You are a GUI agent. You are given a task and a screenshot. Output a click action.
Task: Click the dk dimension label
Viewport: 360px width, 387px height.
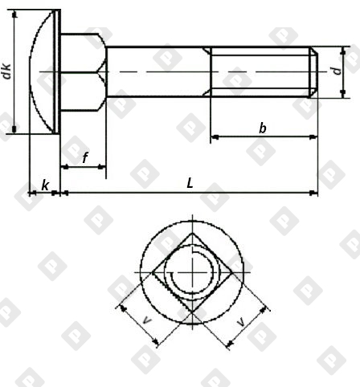coord(7,71)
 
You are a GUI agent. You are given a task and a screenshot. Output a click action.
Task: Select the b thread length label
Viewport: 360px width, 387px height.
coord(263,128)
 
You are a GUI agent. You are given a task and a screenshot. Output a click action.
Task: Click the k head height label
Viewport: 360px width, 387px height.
coord(45,185)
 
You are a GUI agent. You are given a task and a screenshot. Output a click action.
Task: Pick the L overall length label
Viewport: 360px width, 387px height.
coord(190,183)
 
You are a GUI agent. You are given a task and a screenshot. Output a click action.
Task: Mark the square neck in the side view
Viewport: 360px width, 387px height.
coord(84,71)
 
